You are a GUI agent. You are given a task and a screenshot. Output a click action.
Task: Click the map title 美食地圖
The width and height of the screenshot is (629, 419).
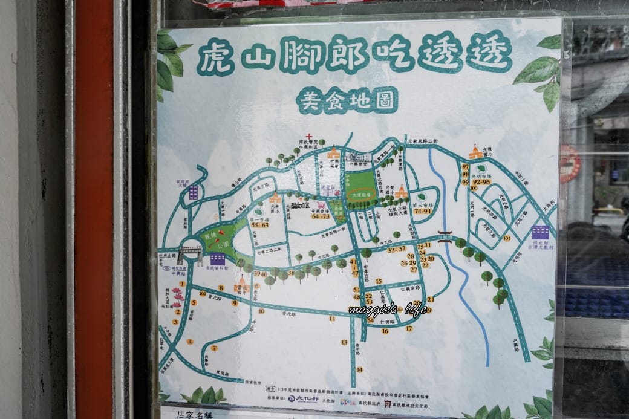[x=347, y=100]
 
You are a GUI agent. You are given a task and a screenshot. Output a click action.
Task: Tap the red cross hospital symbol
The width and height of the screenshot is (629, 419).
[x=309, y=137]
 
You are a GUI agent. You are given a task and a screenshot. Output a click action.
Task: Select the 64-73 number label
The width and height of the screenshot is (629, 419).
[x=321, y=216]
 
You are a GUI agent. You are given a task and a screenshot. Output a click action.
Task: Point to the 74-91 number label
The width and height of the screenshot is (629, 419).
[x=422, y=211]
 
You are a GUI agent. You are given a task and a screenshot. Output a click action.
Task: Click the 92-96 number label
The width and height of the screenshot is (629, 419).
[x=481, y=181]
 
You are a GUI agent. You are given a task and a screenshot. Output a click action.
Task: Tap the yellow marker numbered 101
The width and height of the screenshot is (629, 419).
[x=507, y=238]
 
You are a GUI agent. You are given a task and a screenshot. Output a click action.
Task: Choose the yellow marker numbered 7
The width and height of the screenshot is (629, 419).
[x=214, y=348]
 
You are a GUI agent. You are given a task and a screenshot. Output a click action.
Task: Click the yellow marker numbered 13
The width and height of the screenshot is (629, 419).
[x=344, y=342]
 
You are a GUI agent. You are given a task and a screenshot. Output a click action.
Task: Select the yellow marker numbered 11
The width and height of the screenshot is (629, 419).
[x=332, y=318]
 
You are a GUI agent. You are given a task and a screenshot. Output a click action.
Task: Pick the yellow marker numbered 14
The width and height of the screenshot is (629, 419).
[x=359, y=369]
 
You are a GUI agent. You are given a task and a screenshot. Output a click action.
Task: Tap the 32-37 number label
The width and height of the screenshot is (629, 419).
[x=397, y=248]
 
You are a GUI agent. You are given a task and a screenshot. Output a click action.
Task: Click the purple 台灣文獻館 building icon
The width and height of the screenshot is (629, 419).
[x=540, y=232]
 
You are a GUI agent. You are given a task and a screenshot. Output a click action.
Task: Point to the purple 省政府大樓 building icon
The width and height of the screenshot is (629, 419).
[x=193, y=192]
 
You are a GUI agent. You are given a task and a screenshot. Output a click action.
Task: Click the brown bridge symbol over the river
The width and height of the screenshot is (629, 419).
[x=446, y=236]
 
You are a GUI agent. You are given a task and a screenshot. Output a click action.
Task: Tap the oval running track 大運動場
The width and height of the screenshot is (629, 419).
[x=360, y=197]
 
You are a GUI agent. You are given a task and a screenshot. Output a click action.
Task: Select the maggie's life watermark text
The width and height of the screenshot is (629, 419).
[x=388, y=310]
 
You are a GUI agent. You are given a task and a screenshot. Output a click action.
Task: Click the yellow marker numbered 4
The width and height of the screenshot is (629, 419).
[x=189, y=342]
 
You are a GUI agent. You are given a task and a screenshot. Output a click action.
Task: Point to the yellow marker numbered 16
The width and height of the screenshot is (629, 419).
[x=385, y=331]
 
